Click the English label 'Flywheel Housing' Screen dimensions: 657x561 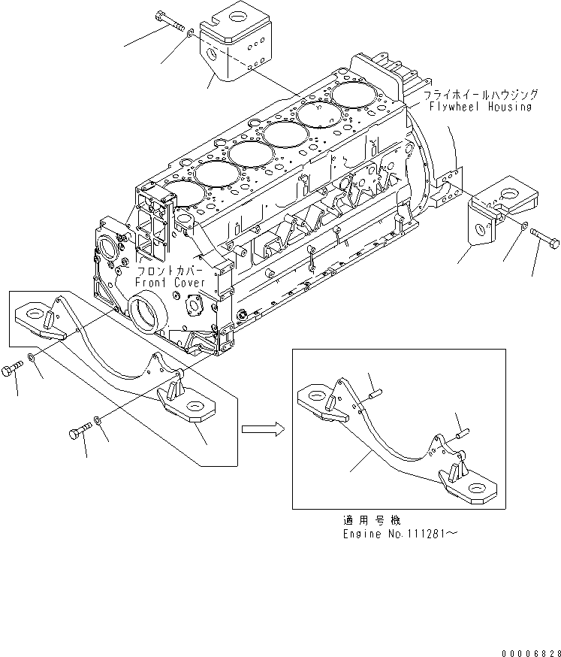481,107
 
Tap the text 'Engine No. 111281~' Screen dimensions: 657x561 400,533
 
